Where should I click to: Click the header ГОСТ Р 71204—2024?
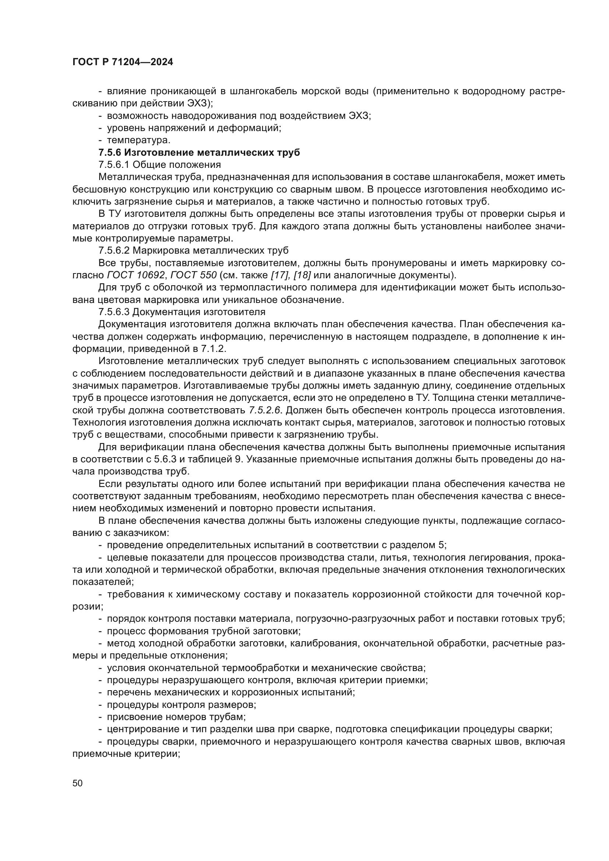click(x=123, y=62)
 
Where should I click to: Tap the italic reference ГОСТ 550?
click(x=194, y=275)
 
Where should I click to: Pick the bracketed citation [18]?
click(x=303, y=275)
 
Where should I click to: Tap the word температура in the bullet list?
click(x=139, y=140)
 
